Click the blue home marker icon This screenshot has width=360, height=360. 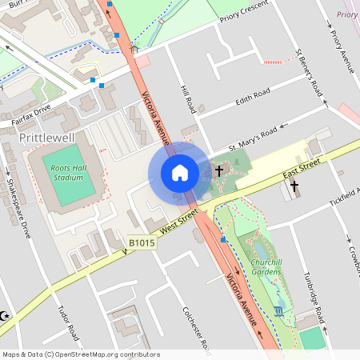point(179,173)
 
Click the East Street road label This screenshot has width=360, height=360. point(302,172)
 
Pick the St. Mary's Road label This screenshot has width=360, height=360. point(253,138)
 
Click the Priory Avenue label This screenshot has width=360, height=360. point(341,48)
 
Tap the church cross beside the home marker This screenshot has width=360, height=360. point(218,170)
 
